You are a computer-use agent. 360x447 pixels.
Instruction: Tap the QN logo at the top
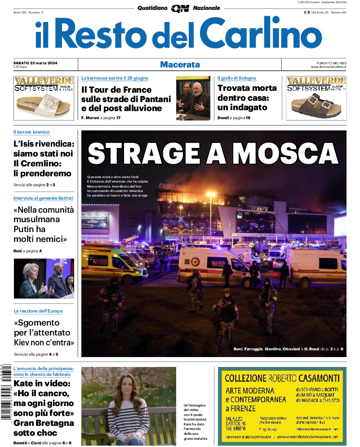180,8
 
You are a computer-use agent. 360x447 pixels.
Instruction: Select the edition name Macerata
180,65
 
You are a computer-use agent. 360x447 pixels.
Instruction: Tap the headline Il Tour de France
116,89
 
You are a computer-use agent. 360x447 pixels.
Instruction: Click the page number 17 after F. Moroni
118,118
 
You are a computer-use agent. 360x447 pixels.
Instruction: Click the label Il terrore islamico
31,132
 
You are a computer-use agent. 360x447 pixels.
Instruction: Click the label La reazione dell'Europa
38,311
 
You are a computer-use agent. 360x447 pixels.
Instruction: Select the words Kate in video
42,384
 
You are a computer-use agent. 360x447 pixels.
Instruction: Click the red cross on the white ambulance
196,261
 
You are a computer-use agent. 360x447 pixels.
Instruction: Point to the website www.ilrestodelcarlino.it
328,67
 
